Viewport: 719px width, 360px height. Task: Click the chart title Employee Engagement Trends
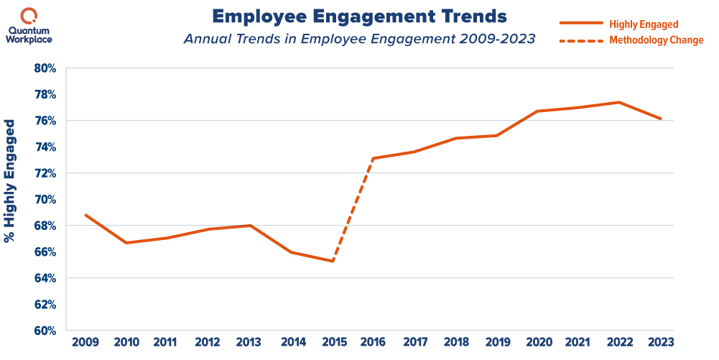pos(359,16)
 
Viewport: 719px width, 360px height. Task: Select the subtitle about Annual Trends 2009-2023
pos(359,40)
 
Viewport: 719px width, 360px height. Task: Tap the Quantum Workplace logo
pos(29,24)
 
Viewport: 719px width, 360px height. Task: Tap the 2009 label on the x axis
pos(85,343)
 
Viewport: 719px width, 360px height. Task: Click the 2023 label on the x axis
pos(661,343)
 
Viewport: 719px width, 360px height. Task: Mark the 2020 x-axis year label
pos(537,343)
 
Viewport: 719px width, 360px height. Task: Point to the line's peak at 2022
pos(618,102)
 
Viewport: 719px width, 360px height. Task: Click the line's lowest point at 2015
pos(332,261)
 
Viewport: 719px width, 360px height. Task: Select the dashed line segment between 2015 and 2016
pos(352,210)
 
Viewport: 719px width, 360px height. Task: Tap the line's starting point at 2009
pos(85,214)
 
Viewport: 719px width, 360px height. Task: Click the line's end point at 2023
pos(661,119)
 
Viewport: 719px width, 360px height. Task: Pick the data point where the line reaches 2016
pos(372,158)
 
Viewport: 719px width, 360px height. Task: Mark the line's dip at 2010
pos(126,242)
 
